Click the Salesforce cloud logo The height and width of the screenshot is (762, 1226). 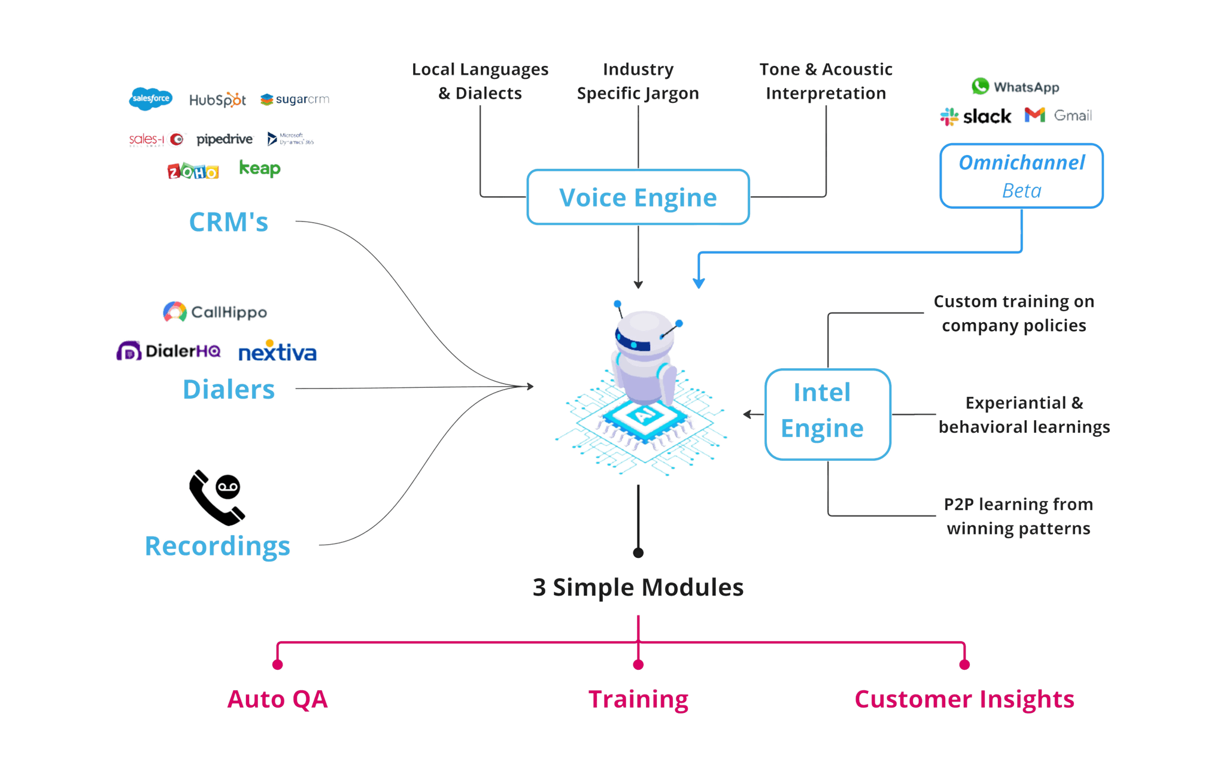coord(151,99)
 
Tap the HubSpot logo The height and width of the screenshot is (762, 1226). coord(217,99)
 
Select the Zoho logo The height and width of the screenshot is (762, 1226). coord(193,172)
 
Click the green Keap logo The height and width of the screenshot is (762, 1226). coord(259,168)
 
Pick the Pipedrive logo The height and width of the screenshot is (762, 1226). coord(225,139)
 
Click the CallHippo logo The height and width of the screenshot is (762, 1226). coord(215,312)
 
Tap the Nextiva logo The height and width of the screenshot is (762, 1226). coord(278,353)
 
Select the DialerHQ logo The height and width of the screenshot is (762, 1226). coord(169,351)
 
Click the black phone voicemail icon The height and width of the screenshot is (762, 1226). coord(216,497)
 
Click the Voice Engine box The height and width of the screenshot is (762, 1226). coord(638,197)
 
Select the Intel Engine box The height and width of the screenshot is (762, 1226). coord(827,414)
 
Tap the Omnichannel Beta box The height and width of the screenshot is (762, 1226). coord(1021,175)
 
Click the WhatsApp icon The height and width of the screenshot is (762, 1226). coord(980,86)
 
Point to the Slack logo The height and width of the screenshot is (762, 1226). coord(976,116)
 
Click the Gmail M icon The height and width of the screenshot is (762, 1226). coord(1034,115)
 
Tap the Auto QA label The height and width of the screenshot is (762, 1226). coord(278,699)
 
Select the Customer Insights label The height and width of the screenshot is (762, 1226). coord(964,699)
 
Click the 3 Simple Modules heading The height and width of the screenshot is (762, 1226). coord(638,588)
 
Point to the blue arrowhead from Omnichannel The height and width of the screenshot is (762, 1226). coord(698,283)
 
